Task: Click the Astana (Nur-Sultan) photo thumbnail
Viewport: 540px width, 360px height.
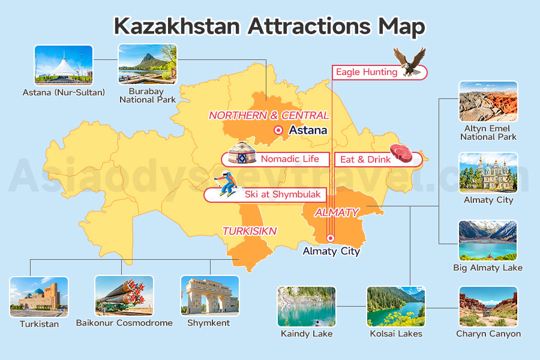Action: coord(64,65)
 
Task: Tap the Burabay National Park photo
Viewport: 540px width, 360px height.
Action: coord(148,64)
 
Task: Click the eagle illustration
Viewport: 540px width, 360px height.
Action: coord(410,61)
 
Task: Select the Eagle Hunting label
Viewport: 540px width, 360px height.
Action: coord(366,72)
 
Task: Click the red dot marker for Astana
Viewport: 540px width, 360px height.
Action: coord(278,130)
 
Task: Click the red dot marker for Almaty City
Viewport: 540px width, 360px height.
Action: coord(330,238)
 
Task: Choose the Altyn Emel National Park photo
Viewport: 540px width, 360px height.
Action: coord(488,101)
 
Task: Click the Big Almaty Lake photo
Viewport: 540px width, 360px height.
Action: coord(488,240)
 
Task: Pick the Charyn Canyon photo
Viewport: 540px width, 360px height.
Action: coord(488,306)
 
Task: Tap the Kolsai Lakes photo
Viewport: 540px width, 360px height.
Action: coord(395,306)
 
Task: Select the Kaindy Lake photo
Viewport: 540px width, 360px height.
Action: coord(306,306)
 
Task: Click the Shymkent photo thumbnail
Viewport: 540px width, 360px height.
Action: coord(210,296)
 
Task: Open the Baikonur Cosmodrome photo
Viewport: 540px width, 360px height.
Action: coord(124,296)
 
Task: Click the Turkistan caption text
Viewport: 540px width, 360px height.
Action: coord(39,324)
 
